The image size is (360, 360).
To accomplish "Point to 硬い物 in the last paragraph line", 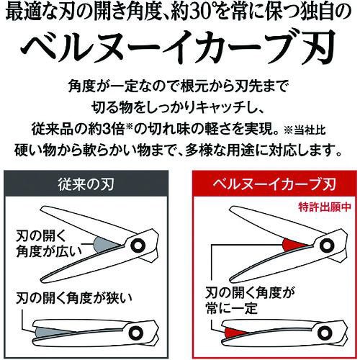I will [x=32, y=152].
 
